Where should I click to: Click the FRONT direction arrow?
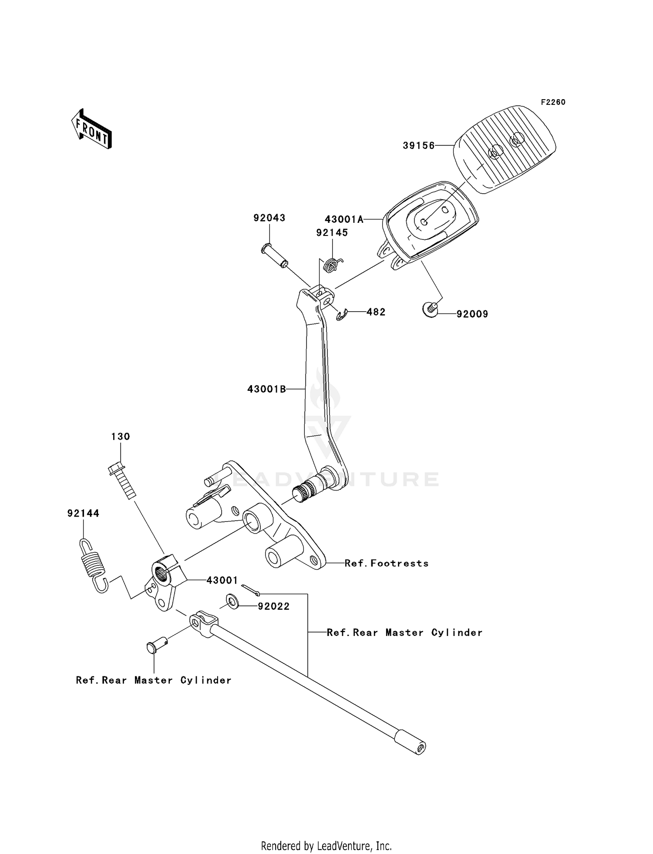[x=92, y=129]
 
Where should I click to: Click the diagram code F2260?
[x=553, y=102]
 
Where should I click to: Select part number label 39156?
[x=418, y=146]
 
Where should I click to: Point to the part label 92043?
[x=269, y=218]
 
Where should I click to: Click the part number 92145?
[x=332, y=233]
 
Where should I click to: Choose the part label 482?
[x=376, y=312]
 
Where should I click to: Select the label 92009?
[x=472, y=314]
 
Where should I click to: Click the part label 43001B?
[x=266, y=389]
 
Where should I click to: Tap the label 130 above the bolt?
[x=121, y=437]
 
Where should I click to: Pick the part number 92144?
[x=83, y=514]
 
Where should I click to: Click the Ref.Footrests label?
[x=386, y=563]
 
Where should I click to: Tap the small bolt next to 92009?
[x=430, y=310]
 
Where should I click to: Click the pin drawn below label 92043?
[x=276, y=257]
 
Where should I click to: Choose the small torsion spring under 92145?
[x=333, y=264]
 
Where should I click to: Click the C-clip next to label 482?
[x=342, y=315]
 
